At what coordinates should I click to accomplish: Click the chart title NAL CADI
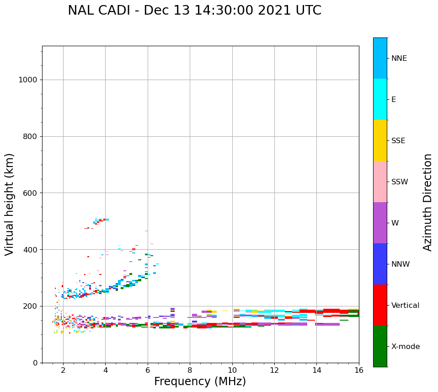coord(194,11)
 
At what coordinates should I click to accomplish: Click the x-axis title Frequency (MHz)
coord(200,381)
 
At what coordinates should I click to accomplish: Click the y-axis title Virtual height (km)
coord(10,204)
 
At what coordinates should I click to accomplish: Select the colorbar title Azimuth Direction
coord(427,202)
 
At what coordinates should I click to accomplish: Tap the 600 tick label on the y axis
coord(30,193)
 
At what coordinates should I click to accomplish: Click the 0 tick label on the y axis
coord(35,363)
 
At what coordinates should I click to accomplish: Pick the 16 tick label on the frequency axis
coord(359,370)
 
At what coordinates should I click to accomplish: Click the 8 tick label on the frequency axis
coord(190,370)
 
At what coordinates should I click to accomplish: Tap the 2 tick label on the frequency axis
coord(63,370)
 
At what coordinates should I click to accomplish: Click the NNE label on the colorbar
coord(399,59)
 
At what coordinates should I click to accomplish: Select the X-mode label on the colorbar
coord(405,347)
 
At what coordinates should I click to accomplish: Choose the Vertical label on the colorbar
coord(405,306)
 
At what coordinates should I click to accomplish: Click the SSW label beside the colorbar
coord(400,182)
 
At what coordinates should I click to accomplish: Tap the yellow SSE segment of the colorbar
coord(380,140)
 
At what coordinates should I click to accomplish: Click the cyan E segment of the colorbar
coord(380,99)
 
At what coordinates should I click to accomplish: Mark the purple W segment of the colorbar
coord(380,223)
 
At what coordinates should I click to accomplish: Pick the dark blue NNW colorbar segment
coord(380,264)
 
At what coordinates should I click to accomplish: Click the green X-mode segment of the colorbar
coord(380,346)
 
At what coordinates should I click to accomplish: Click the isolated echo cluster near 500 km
coord(99,221)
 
